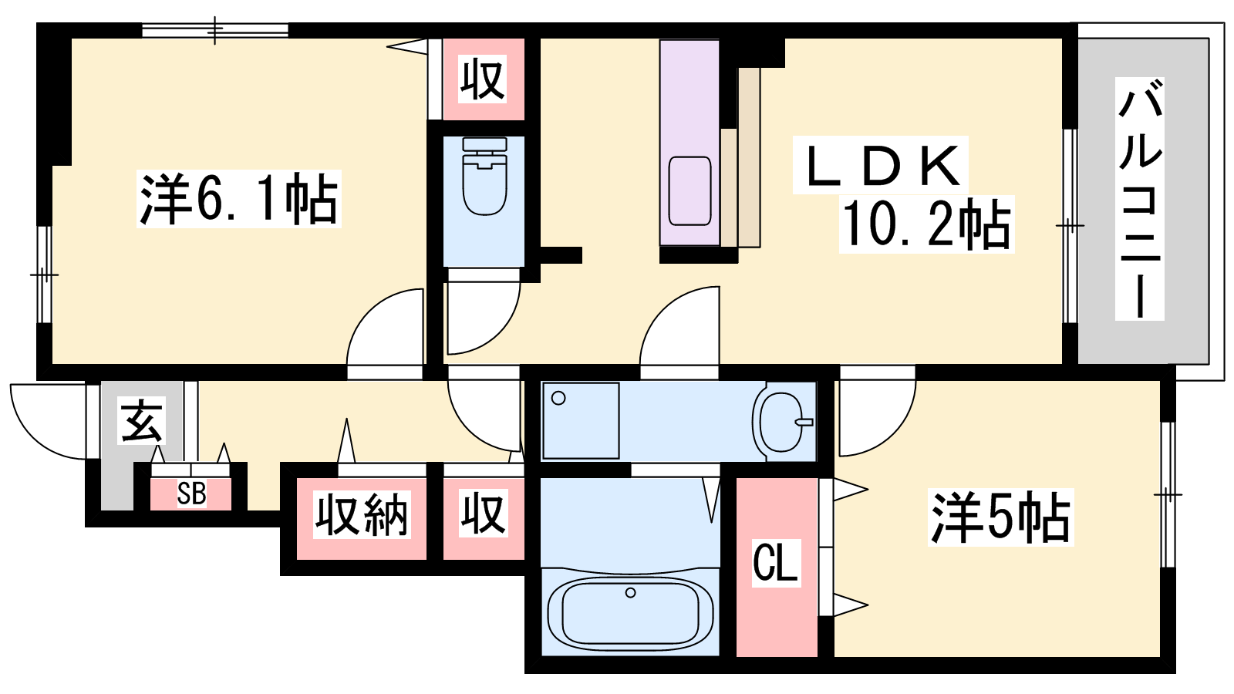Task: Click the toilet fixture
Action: pos(485,177)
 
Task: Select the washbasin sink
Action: pos(782,422)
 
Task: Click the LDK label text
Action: pos(880,165)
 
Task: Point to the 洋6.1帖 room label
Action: pos(238,200)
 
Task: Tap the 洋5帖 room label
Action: pos(1000,517)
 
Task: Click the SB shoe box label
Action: pos(191,494)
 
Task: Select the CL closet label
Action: pos(775,562)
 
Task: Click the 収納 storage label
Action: pos(362,514)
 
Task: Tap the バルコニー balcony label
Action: pos(1140,199)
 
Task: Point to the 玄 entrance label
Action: pos(142,422)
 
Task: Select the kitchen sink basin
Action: pos(689,190)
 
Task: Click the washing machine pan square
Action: pos(581,421)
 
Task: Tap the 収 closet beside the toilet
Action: pos(483,80)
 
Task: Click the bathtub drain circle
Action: pos(631,593)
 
